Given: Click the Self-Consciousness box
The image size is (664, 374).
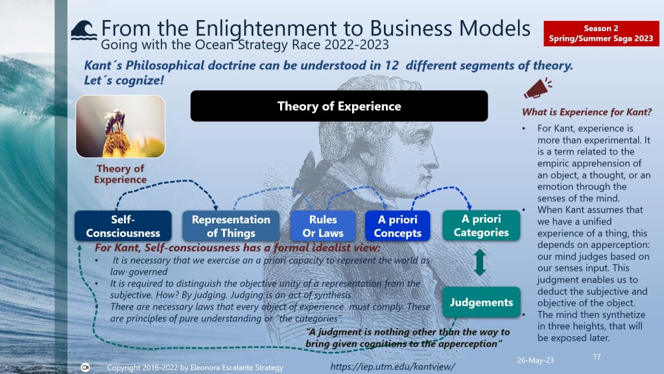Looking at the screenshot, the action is point(123,226).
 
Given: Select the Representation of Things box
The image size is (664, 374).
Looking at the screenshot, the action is point(231,226).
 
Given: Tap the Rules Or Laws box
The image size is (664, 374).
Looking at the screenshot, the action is point(323,226).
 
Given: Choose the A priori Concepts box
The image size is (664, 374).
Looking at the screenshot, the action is point(397,226).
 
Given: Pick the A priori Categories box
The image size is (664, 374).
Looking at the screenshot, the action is point(481,225).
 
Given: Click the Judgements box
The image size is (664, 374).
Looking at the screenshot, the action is point(481,302).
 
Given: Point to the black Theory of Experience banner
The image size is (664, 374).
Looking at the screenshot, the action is point(339,106).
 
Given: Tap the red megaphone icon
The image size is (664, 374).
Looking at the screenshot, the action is point(538,88).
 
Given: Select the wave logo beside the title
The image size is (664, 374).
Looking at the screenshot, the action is point(84,31).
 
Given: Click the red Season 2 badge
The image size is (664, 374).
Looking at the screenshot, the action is point(601,33).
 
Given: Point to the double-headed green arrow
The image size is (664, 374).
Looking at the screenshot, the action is point(480,262).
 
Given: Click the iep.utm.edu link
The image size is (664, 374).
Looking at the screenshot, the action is point(392,366).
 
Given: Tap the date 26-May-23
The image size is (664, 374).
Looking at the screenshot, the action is point(535,360).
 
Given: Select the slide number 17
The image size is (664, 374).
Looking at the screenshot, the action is point(597,356).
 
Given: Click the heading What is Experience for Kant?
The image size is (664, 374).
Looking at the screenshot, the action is point(586,112).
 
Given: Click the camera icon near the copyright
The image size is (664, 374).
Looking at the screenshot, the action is point(85,368).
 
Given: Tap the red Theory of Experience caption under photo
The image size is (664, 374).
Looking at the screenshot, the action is point(120,174).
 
